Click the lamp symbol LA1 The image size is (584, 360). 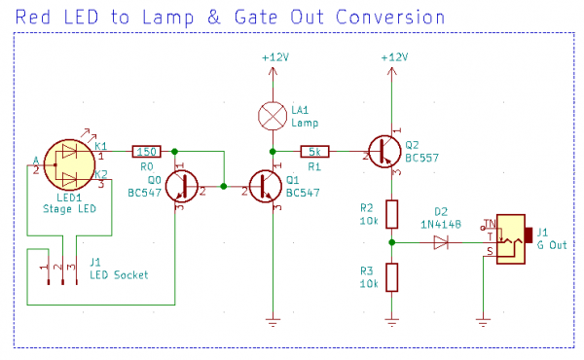coord(273,115)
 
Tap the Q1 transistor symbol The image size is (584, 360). coord(265,185)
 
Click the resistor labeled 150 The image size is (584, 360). coord(146,151)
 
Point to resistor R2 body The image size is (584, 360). coord(391,214)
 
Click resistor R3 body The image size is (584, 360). coord(391,276)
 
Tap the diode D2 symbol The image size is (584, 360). coord(441,242)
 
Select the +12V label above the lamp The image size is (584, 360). coord(274,57)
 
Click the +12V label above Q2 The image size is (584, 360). coord(392,57)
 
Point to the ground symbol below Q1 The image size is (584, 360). coord(274,320)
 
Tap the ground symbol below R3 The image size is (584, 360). coord(391,320)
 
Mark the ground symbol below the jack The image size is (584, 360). coord(483,320)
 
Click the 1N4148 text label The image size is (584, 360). coord(441,224)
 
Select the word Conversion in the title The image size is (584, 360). coord(387,18)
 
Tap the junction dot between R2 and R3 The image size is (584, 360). coord(391,242)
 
